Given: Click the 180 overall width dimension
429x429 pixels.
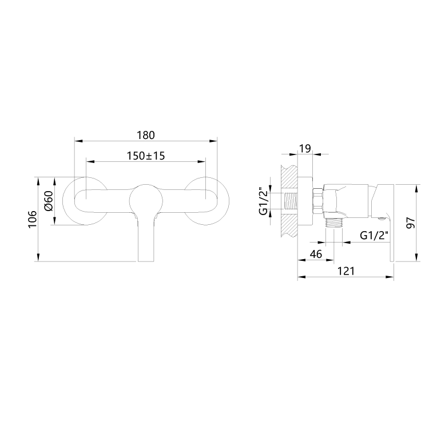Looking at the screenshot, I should pyautogui.click(x=146, y=135).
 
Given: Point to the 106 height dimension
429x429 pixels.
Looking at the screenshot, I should pyautogui.click(x=32, y=219).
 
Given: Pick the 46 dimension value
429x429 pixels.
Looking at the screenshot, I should pyautogui.click(x=315, y=254).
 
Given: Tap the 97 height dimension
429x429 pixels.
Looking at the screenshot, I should pyautogui.click(x=410, y=223).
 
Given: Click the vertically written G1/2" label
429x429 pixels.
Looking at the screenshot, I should pyautogui.click(x=264, y=202).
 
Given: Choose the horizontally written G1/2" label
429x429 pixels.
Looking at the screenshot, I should pyautogui.click(x=375, y=235).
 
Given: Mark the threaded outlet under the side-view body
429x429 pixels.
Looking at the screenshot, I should pyautogui.click(x=333, y=222).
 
